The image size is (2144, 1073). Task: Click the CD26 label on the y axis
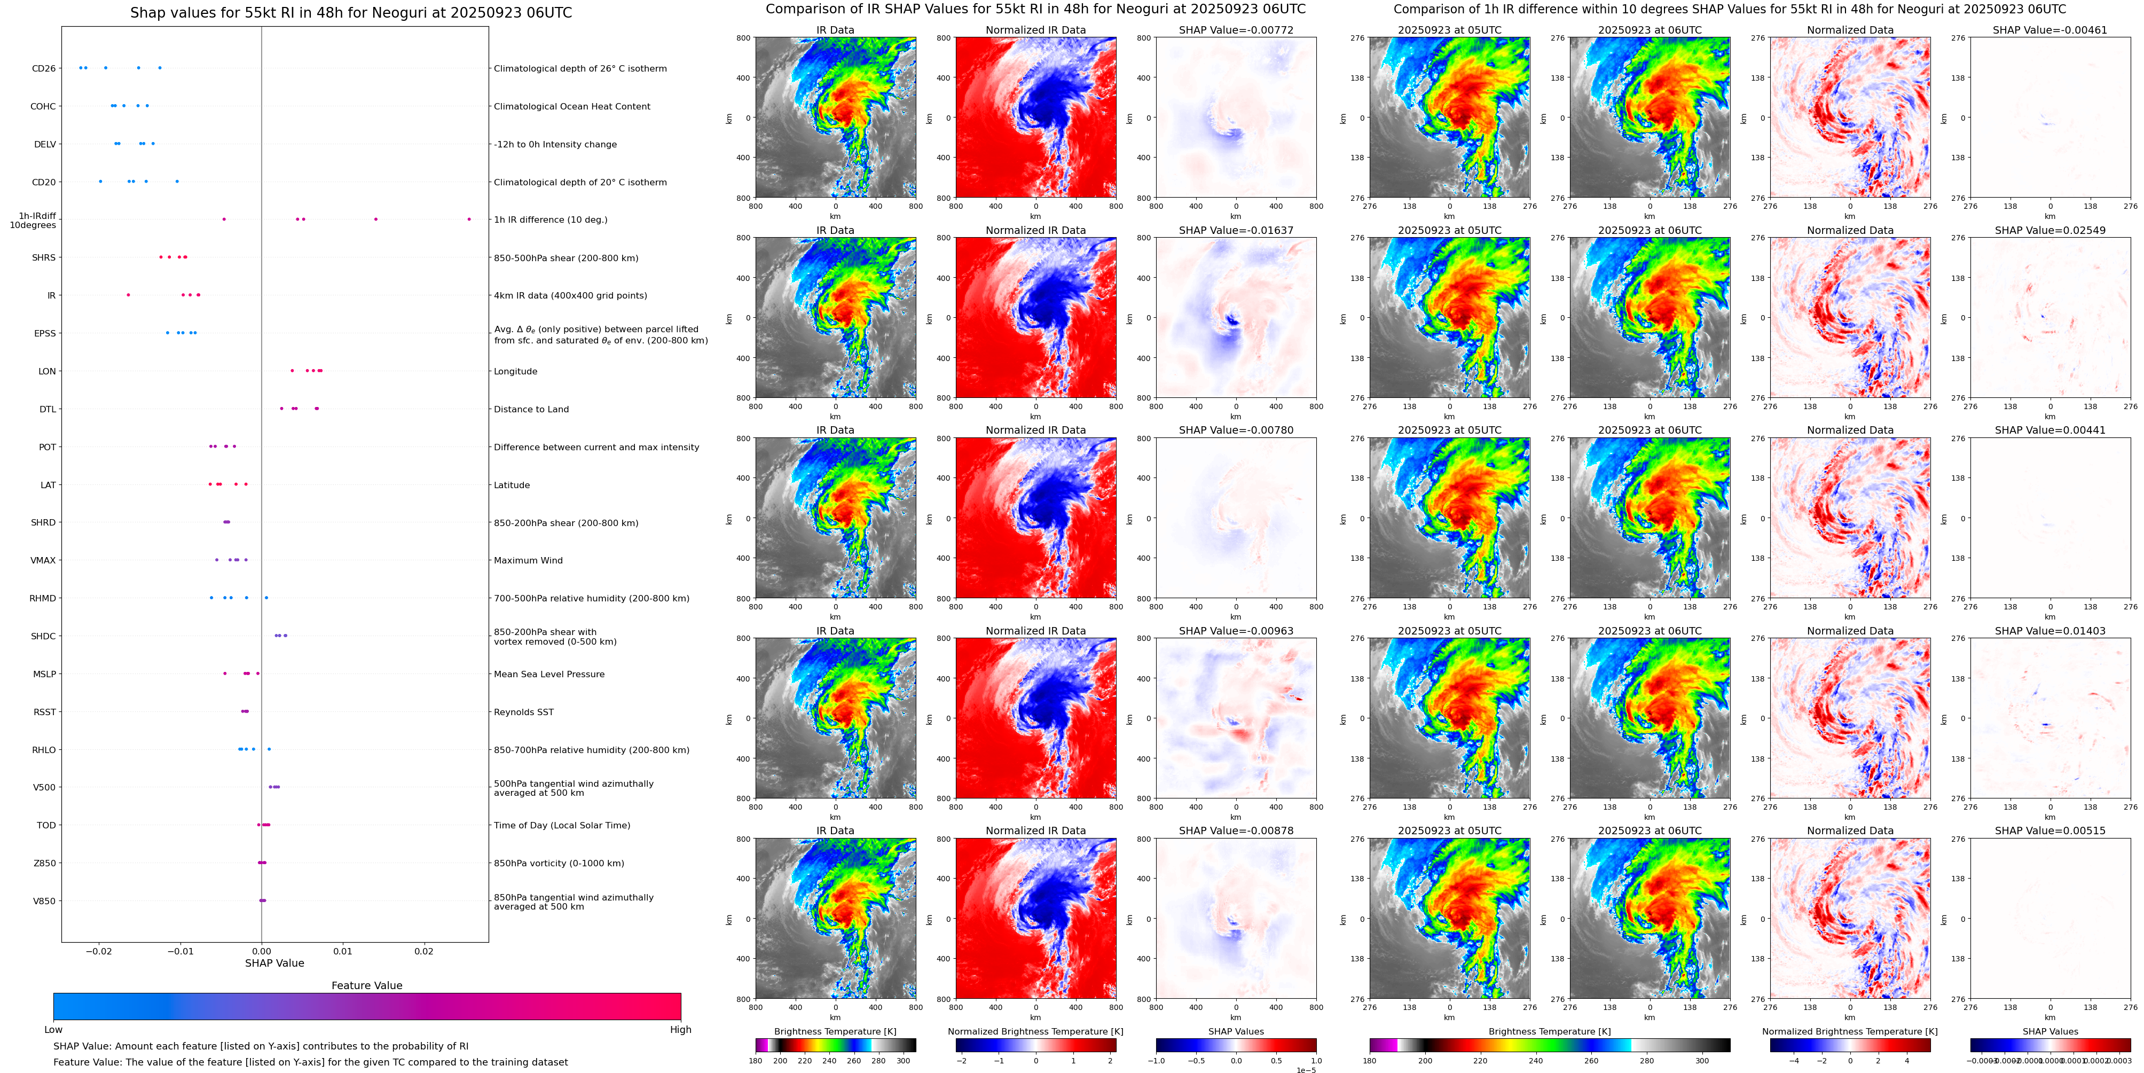43,68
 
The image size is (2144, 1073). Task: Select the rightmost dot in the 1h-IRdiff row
469,219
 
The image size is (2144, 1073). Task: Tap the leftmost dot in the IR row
128,295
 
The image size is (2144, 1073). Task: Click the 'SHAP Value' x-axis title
274,963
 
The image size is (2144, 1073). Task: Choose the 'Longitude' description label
515,371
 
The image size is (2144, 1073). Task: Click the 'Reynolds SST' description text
523,712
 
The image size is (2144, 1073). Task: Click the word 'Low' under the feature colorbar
53,1030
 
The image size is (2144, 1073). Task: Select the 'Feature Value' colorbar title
366,985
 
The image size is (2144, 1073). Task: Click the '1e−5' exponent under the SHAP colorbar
1306,1070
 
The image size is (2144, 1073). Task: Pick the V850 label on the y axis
44,900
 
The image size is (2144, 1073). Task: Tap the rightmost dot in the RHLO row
269,749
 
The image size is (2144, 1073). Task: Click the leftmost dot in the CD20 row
101,181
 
